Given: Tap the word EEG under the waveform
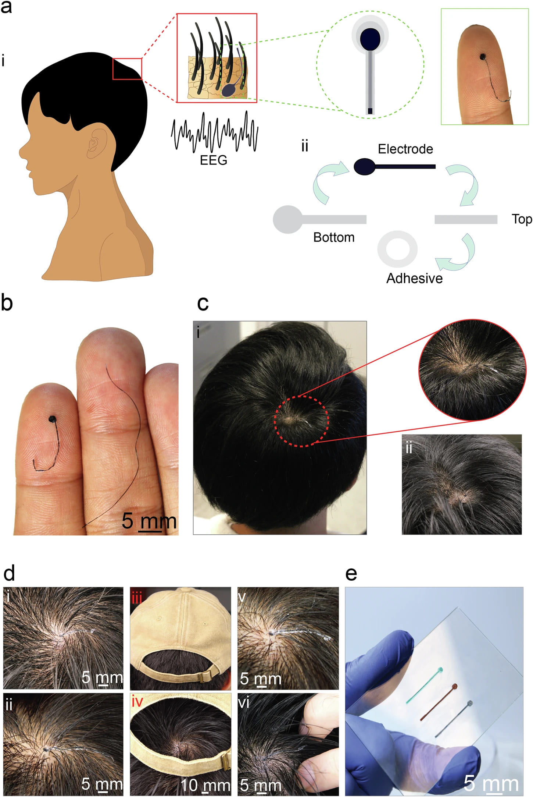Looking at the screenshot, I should tap(214, 160).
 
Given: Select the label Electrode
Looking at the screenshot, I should tap(405, 149).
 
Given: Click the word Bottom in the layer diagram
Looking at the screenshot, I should tap(334, 237).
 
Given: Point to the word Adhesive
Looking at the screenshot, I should tap(414, 279).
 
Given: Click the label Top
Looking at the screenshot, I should tap(522, 219).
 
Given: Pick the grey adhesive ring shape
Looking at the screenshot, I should tap(397, 249).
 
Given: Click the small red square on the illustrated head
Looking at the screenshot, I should tap(127, 69).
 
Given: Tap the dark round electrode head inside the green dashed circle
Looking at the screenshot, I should tap(370, 39).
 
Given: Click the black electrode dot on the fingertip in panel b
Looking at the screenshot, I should tap(53, 419).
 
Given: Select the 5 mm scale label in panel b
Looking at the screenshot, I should tap(149, 521).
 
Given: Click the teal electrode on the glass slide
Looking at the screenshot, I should tap(425, 686).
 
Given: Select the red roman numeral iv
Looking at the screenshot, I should tap(137, 702).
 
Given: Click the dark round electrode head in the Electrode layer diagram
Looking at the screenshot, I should tap(364, 167).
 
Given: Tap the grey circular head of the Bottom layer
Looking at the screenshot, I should tap(288, 219).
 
